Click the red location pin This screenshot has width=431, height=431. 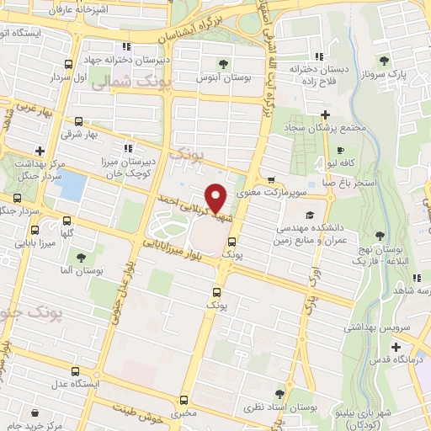click(x=215, y=198)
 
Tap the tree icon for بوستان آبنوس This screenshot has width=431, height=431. click(x=224, y=63)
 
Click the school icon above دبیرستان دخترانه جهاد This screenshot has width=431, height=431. click(x=125, y=46)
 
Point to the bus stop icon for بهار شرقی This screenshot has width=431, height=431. click(x=78, y=121)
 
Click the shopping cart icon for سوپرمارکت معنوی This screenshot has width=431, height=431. click(x=270, y=179)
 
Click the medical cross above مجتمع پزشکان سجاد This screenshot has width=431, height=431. click(x=325, y=114)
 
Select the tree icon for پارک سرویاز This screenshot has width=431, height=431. click(x=384, y=60)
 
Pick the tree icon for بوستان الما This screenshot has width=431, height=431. click(x=81, y=257)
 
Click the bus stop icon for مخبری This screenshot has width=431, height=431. click(x=184, y=399)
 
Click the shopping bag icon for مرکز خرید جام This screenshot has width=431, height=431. click(x=35, y=412)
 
